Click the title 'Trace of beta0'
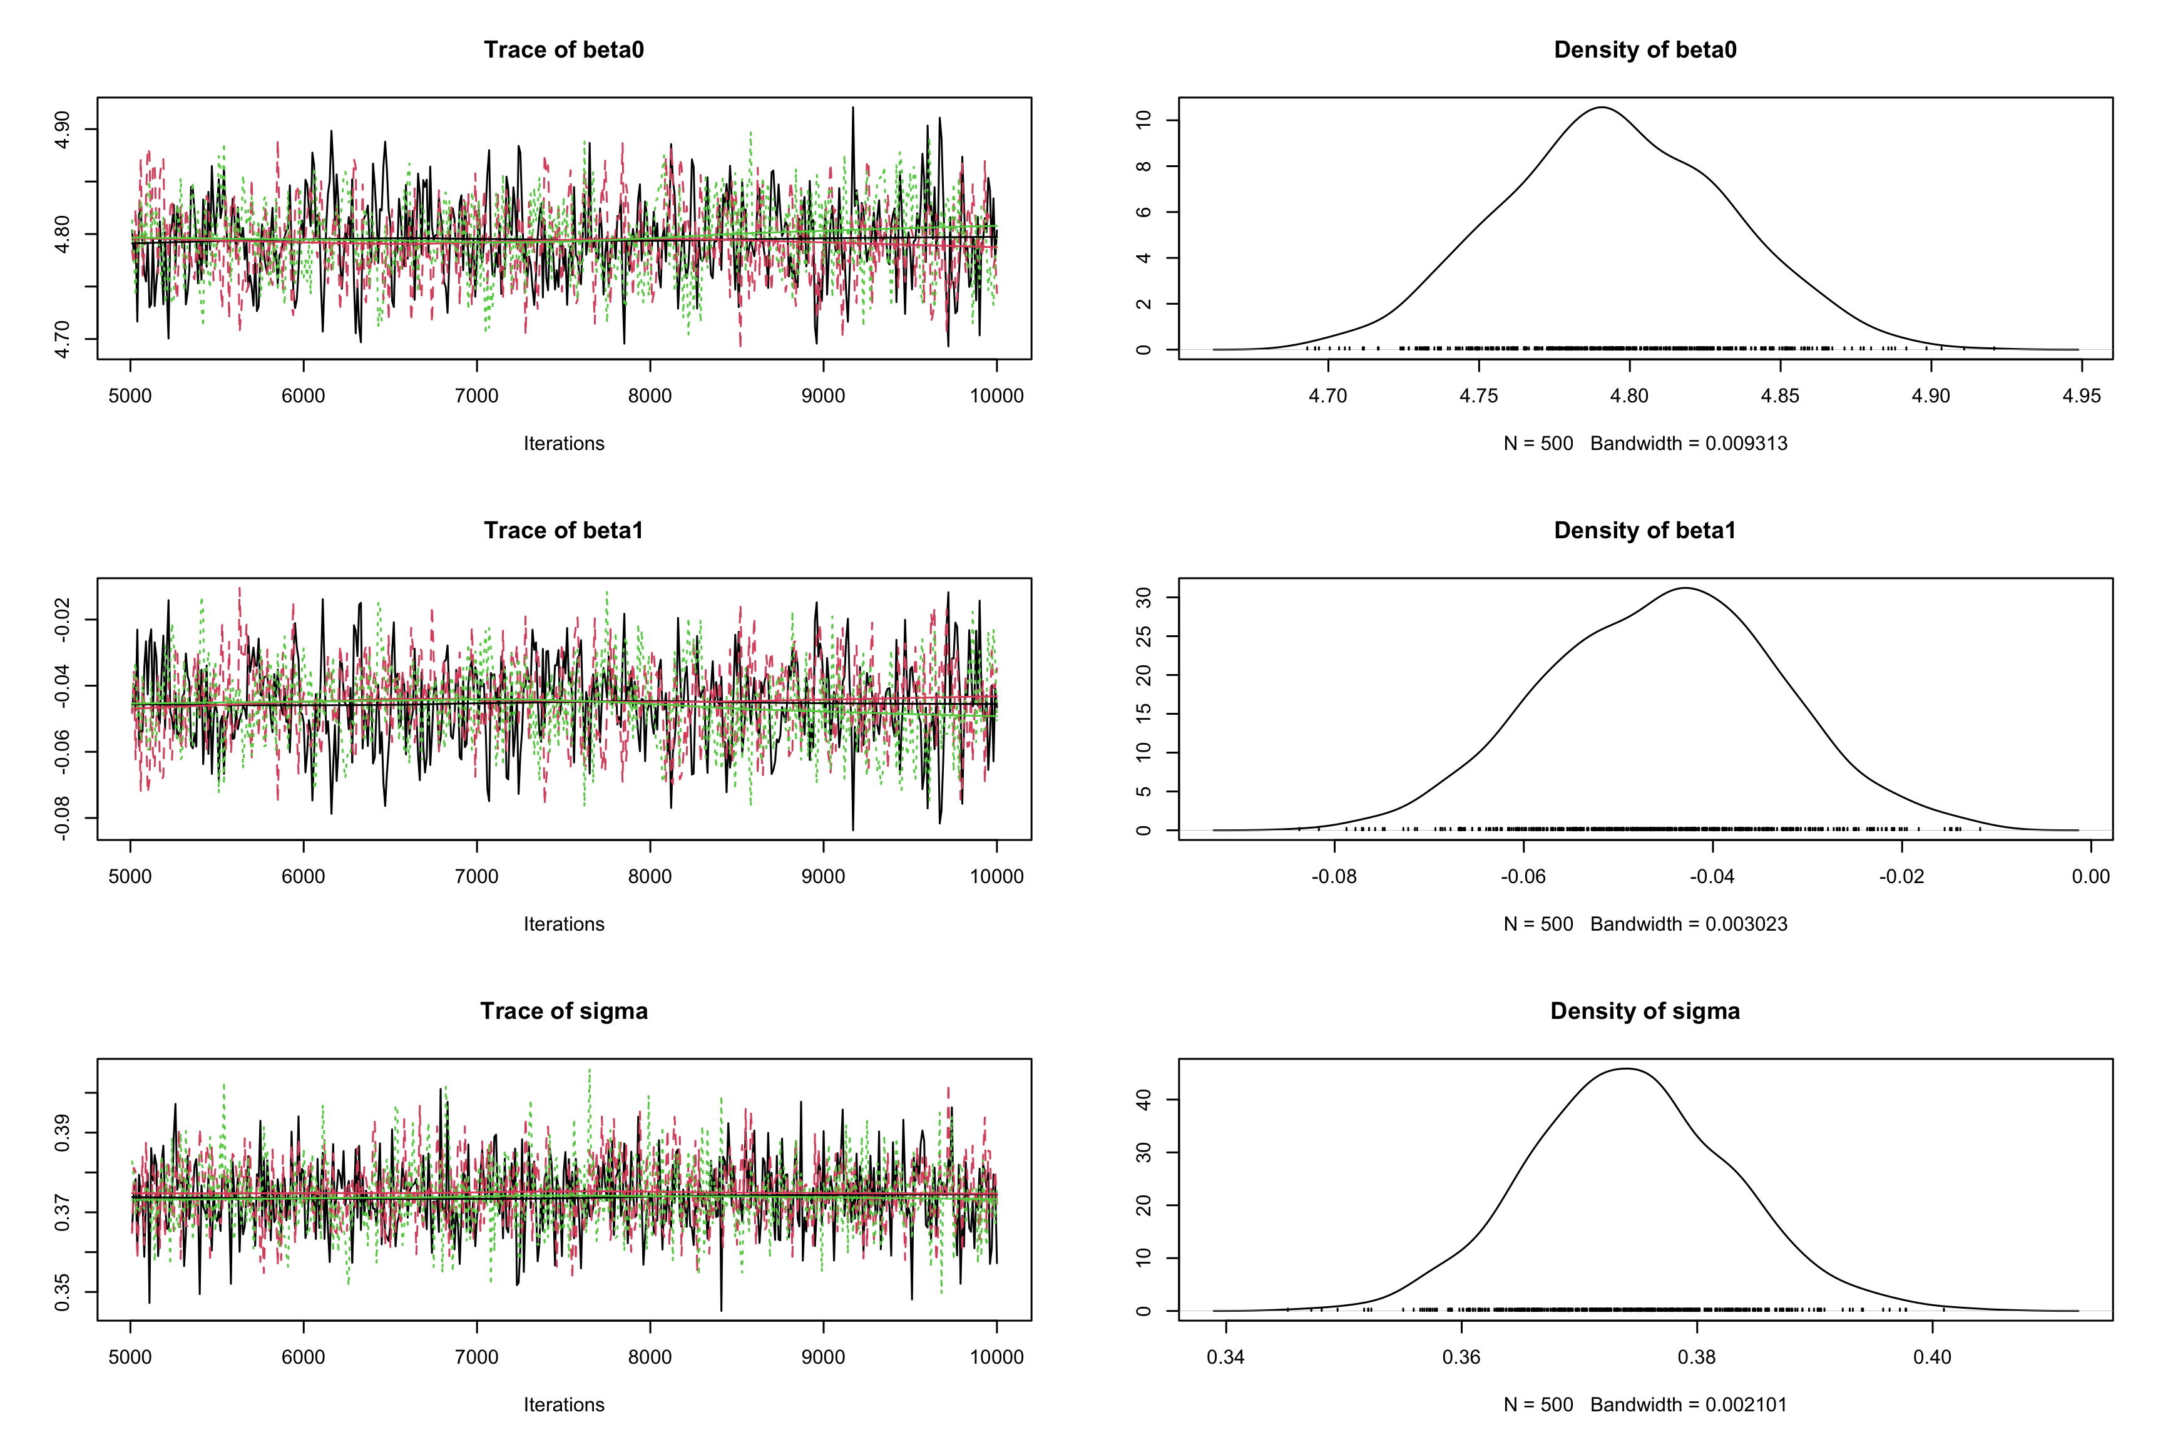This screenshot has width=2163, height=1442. (x=564, y=49)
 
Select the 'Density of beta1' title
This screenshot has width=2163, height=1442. (x=1644, y=531)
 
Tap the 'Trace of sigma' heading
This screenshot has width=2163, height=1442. (x=564, y=1011)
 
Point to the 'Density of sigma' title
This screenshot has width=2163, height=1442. (x=1644, y=1011)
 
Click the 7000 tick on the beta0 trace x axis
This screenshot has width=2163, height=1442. (x=476, y=396)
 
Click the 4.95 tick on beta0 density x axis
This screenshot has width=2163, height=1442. (x=2081, y=396)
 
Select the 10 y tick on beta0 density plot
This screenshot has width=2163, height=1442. (x=1143, y=120)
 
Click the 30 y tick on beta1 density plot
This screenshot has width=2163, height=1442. (x=1143, y=598)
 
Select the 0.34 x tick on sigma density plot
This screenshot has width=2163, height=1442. (x=1226, y=1358)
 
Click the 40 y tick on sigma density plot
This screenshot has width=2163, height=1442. (x=1143, y=1099)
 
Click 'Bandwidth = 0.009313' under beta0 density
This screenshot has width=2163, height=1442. (x=1689, y=443)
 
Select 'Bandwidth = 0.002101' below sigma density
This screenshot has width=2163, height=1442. (x=1689, y=1405)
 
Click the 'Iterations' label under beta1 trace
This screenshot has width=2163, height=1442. (x=564, y=924)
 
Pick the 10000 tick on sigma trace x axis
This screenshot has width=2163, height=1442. (x=996, y=1358)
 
